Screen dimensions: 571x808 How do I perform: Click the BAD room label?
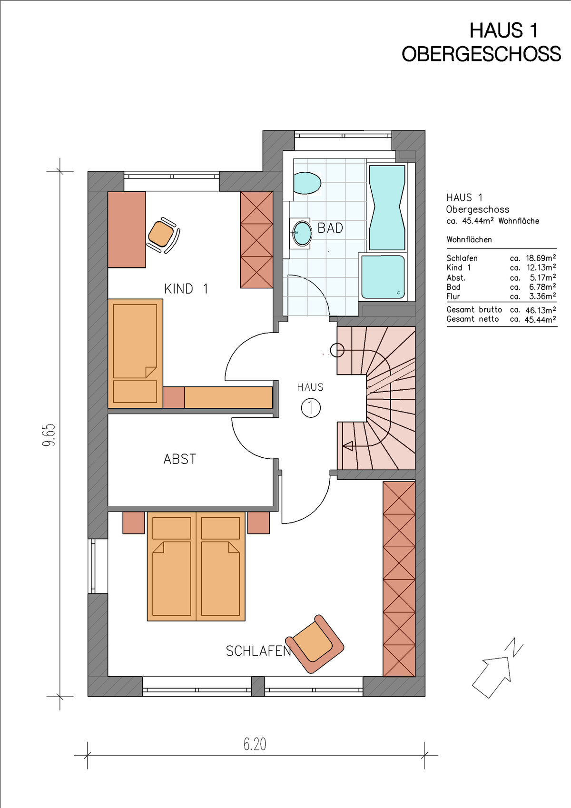point(330,228)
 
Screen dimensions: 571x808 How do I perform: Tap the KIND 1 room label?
point(186,289)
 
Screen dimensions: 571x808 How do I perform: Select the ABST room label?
point(180,459)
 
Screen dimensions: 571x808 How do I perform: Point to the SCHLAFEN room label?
point(258,650)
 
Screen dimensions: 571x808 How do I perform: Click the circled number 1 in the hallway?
point(311,408)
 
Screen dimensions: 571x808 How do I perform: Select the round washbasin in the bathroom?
point(302,233)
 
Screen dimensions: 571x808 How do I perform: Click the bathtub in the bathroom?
point(387,207)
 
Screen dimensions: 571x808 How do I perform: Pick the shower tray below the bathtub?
point(383,277)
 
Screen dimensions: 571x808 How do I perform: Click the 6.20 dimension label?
point(255,744)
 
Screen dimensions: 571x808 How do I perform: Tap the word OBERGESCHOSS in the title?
point(482,54)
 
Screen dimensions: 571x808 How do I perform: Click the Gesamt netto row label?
point(473,319)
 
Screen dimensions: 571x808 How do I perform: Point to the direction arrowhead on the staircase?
point(348,446)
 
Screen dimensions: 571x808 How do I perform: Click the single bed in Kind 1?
point(135,353)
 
